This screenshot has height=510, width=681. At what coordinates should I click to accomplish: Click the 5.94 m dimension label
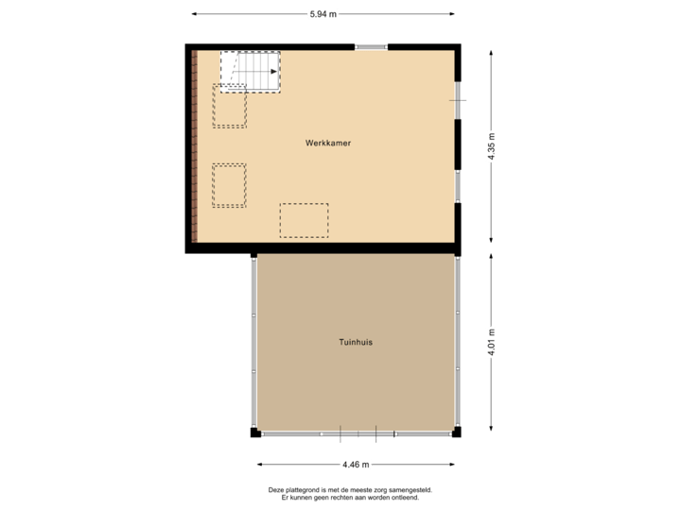coord(323,13)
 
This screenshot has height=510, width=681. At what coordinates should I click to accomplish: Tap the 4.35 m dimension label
coord(492,145)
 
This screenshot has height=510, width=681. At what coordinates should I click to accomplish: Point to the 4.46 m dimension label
coord(356,464)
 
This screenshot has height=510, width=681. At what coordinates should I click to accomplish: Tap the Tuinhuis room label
coord(356,342)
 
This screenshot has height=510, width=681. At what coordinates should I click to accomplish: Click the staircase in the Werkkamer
coord(251,70)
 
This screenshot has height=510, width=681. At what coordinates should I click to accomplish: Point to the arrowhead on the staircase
coord(273,71)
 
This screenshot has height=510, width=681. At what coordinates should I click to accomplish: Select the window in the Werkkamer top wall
coord(371,46)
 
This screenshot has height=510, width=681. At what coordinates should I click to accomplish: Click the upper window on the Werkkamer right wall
coord(458,98)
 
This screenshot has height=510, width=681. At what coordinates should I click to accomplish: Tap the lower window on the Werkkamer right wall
coord(458,184)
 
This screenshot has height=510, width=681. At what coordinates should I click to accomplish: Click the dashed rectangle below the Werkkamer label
coord(304,220)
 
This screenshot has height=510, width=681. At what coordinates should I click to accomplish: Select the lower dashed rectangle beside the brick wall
coord(229,185)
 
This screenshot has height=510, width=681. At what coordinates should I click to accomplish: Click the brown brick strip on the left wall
coord(193,145)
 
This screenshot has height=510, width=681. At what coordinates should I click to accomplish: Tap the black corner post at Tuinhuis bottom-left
coord(254,433)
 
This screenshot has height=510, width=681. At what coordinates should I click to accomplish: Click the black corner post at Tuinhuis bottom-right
coord(457,433)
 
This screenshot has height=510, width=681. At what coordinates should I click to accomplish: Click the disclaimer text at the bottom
coord(349,491)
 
